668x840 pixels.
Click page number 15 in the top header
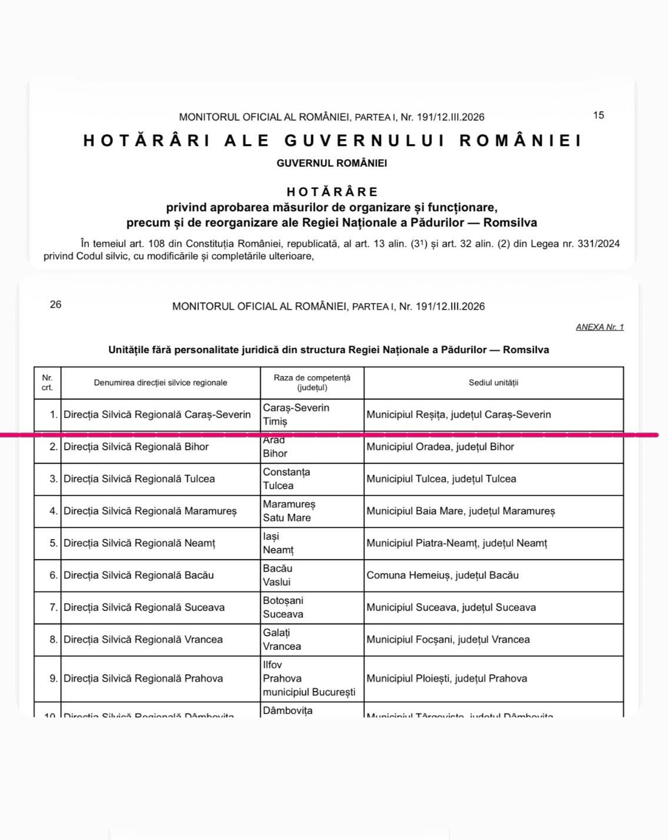pyautogui.click(x=598, y=115)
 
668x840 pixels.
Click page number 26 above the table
pyautogui.click(x=55, y=304)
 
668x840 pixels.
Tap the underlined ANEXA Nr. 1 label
pyautogui.click(x=599, y=327)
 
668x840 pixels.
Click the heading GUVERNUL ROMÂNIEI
pyautogui.click(x=331, y=163)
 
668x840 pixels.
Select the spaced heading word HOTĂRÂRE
pyautogui.click(x=333, y=191)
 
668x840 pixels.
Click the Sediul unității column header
pyautogui.click(x=493, y=383)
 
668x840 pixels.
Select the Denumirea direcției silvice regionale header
pyautogui.click(x=160, y=383)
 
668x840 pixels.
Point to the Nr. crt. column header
pyautogui.click(x=47, y=383)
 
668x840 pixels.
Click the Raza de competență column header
pyautogui.click(x=312, y=382)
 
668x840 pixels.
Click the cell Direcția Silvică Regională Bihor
pyautogui.click(x=136, y=447)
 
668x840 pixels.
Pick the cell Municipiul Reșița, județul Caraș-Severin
pyautogui.click(x=458, y=414)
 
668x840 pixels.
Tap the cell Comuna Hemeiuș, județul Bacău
pyautogui.click(x=442, y=575)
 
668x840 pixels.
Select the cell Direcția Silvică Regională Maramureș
pyautogui.click(x=150, y=511)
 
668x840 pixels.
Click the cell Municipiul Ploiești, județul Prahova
pyautogui.click(x=446, y=678)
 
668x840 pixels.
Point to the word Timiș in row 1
pyautogui.click(x=275, y=421)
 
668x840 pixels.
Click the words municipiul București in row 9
pyautogui.click(x=309, y=692)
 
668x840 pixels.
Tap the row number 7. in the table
pyautogui.click(x=53, y=607)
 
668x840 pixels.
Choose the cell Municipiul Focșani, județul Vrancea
pyautogui.click(x=448, y=639)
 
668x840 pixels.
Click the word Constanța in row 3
pyautogui.click(x=286, y=472)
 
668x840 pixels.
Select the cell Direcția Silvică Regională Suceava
pyautogui.click(x=144, y=607)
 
